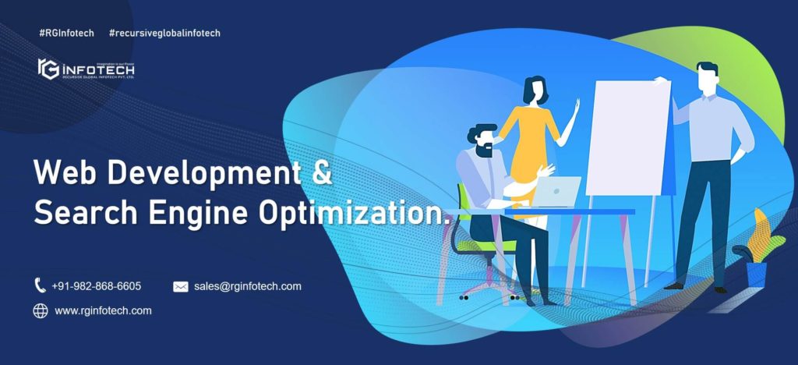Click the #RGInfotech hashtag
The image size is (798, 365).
[65, 33]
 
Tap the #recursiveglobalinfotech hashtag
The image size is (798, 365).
[164, 33]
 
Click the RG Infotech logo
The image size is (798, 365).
[86, 69]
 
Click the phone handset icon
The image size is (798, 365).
[41, 286]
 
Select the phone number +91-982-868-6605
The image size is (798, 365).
[97, 286]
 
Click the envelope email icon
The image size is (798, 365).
[181, 287]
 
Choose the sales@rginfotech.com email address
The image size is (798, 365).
[248, 286]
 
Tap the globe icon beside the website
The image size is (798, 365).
[41, 311]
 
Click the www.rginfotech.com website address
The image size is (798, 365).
[103, 310]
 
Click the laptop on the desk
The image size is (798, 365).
[557, 191]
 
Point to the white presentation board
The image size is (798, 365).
[628, 137]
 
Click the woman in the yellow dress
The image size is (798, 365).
[531, 133]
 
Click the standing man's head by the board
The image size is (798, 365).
[708, 78]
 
